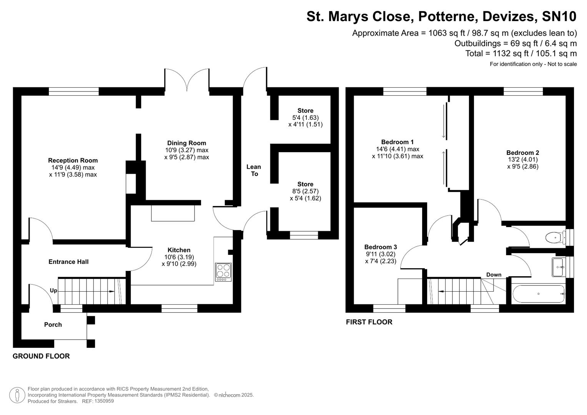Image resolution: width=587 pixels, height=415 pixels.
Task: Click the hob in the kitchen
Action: [223, 272]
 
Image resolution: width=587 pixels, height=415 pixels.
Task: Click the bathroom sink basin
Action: [558, 267]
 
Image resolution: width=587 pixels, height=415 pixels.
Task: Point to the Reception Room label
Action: [73, 160]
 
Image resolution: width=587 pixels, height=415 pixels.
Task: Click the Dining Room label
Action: [186, 143]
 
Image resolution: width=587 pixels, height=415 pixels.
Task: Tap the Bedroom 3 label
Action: [381, 247]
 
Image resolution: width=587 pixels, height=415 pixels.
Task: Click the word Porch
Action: [53, 325]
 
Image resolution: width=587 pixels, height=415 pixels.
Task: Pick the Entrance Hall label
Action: [68, 262]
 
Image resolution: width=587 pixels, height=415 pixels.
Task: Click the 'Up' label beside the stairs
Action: [53, 290]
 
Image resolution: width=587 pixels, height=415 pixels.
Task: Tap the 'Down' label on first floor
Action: [494, 274]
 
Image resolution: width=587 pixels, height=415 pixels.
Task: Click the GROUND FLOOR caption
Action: [41, 356]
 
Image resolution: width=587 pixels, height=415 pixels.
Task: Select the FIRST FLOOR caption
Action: [369, 322]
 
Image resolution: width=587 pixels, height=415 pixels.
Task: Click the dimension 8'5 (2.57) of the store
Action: [305, 191]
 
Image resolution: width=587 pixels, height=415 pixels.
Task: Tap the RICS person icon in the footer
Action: [17, 395]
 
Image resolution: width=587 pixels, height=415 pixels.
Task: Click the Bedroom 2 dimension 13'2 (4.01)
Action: [522, 159]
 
